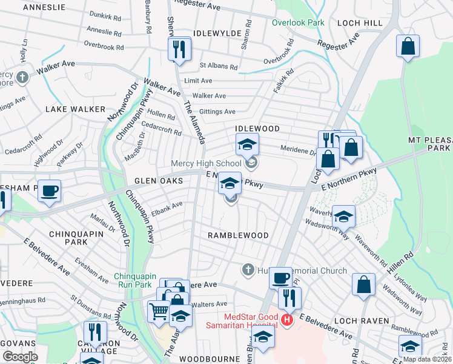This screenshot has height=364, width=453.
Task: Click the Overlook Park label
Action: coord(298,22)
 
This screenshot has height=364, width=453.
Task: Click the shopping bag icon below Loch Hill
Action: coord(408,46)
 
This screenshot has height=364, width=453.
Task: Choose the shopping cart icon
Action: coord(159,311)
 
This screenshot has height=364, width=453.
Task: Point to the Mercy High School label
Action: coord(206,163)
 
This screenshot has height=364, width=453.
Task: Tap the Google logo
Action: coord(20,356)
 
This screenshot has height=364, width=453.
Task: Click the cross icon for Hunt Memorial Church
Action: coord(248,269)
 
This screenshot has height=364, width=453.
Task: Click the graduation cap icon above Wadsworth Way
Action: coord(343,216)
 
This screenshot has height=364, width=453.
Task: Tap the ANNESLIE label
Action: coord(44,7)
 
